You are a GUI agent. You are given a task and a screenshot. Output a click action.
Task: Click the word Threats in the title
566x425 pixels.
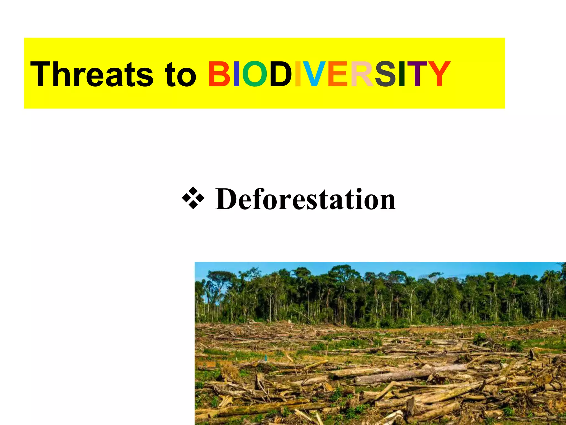(91, 74)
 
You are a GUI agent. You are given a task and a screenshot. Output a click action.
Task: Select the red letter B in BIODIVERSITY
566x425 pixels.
(219, 74)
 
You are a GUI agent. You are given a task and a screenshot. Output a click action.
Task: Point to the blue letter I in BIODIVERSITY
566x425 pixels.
(236, 74)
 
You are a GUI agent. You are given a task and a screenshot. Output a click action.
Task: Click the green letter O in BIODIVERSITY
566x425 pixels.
(255, 74)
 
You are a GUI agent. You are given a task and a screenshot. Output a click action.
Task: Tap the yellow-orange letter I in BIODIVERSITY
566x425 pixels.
(298, 74)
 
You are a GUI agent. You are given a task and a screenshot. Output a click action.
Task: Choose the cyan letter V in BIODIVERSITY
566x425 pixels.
(314, 74)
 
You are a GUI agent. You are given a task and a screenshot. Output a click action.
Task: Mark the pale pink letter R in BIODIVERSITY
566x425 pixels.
(362, 74)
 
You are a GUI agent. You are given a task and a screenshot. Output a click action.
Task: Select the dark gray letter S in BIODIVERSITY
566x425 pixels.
(385, 74)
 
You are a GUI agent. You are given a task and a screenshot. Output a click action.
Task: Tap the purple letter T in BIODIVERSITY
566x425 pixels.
(417, 74)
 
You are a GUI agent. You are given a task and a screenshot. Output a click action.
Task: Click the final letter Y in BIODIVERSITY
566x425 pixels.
(439, 74)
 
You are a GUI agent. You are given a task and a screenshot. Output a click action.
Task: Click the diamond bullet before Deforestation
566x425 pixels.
(193, 198)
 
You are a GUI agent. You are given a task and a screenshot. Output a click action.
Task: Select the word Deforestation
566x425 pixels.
(305, 199)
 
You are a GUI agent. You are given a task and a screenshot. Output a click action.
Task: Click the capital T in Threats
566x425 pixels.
(42, 74)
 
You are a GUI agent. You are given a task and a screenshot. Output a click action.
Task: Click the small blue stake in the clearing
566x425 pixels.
(266, 357)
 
